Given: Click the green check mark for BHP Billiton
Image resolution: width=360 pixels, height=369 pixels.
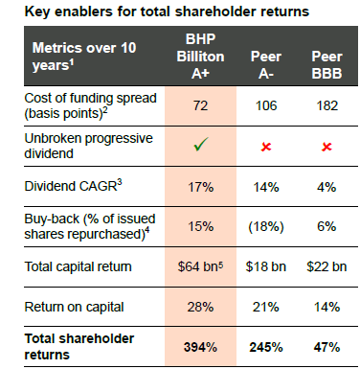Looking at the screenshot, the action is pyautogui.click(x=201, y=145).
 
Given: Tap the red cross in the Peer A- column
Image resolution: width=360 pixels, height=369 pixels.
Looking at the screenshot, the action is pyautogui.click(x=266, y=147).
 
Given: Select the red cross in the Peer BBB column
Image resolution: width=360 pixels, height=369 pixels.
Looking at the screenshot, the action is pyautogui.click(x=326, y=147).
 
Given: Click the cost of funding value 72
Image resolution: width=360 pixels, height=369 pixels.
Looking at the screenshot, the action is pyautogui.click(x=200, y=105).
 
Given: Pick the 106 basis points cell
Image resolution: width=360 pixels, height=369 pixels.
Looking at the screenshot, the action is pyautogui.click(x=266, y=105).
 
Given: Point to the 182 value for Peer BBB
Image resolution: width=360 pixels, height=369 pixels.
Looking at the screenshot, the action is pyautogui.click(x=326, y=105).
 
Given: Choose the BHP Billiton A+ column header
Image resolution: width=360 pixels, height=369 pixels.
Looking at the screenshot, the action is pyautogui.click(x=200, y=57).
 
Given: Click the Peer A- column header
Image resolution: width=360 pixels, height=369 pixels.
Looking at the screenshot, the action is pyautogui.click(x=266, y=65).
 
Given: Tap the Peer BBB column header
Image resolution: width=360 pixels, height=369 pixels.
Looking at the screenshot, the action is pyautogui.click(x=326, y=65).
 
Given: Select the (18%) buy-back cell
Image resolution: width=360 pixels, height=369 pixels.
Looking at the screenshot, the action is pyautogui.click(x=266, y=226).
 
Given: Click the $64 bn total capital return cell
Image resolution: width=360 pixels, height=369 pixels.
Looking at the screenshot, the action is pyautogui.click(x=200, y=266).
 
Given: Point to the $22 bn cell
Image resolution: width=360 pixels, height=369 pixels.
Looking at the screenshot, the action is pyautogui.click(x=326, y=266).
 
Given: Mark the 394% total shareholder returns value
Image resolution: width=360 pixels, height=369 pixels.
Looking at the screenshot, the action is pyautogui.click(x=200, y=347).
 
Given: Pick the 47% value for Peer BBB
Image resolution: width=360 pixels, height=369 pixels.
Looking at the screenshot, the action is pyautogui.click(x=326, y=347).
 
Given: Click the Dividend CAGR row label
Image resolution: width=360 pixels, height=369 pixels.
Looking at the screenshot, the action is pyautogui.click(x=73, y=185).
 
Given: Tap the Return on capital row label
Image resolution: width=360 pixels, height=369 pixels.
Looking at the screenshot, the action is pyautogui.click(x=74, y=308).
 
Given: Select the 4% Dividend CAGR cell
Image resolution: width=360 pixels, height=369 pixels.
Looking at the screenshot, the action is pyautogui.click(x=326, y=187).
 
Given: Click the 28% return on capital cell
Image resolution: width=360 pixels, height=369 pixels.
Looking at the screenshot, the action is pyautogui.click(x=200, y=307).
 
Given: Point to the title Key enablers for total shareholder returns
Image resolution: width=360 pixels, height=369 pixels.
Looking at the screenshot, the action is pyautogui.click(x=167, y=12).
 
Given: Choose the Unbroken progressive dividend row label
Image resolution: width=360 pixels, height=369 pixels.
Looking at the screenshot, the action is pyautogui.click(x=89, y=146).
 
